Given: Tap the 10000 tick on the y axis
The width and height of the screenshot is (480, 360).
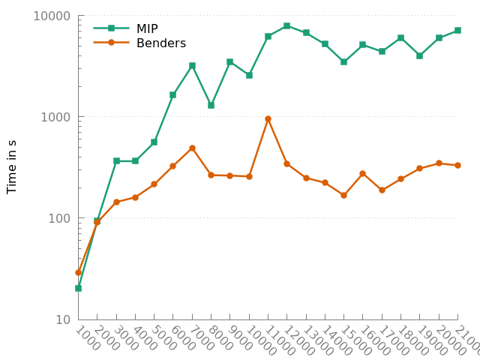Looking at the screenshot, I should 53,16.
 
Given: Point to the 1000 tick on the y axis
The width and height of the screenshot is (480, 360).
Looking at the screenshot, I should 57,117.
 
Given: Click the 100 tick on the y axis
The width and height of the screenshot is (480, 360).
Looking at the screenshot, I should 60,218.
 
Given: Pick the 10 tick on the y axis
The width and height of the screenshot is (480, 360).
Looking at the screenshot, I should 63,319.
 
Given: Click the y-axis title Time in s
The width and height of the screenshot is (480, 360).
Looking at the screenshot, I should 12,166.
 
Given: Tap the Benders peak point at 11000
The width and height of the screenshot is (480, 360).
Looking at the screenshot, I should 268,118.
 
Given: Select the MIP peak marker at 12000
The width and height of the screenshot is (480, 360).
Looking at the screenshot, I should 286,25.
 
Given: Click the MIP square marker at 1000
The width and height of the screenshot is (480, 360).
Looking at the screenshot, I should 78,288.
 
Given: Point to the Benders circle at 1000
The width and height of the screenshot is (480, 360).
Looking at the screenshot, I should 78,272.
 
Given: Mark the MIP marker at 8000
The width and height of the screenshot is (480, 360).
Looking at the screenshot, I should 211,105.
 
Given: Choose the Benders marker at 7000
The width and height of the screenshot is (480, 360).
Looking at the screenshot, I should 192,148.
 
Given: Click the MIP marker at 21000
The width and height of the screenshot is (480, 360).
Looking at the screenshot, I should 457,30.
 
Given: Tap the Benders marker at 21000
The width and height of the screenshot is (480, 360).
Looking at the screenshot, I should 457,165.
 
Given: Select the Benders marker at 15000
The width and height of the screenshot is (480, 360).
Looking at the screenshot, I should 343,195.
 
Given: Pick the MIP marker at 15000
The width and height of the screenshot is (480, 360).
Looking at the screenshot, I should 343,61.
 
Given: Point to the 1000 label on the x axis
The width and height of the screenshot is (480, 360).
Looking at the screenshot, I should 87,337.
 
